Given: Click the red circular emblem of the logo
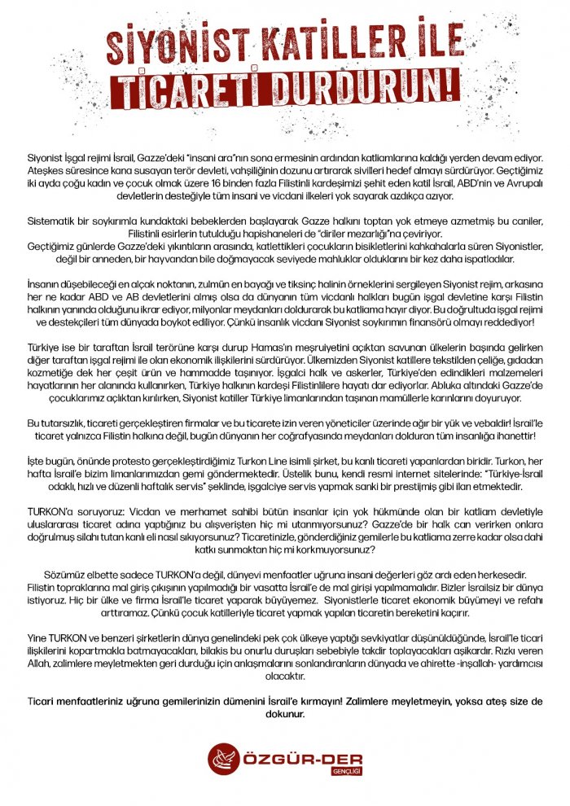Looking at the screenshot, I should (222, 760).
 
